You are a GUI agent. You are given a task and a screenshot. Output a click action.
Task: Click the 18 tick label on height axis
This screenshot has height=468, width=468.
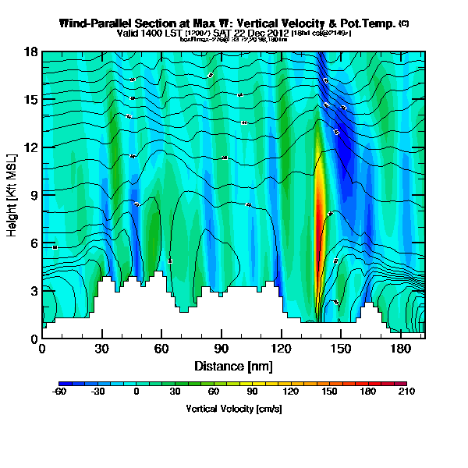(31, 52)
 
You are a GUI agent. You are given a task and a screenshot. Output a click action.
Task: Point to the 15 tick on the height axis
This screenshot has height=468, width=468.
(31, 100)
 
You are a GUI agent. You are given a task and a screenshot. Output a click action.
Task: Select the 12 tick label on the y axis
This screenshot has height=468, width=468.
(31, 147)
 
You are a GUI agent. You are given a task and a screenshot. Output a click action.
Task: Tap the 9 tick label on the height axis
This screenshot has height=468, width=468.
(34, 195)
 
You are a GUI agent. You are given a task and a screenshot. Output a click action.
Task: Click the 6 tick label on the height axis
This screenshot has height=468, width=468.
(34, 243)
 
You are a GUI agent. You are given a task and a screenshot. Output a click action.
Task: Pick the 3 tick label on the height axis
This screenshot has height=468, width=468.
(34, 291)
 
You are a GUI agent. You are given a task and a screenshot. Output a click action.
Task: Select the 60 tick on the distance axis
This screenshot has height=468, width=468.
(161, 348)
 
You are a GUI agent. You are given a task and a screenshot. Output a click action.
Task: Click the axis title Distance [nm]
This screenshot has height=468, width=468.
(233, 366)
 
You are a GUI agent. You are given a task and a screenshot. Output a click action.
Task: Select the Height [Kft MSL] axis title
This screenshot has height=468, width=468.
(13, 195)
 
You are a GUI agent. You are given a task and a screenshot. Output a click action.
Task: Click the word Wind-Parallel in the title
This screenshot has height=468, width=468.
(94, 24)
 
